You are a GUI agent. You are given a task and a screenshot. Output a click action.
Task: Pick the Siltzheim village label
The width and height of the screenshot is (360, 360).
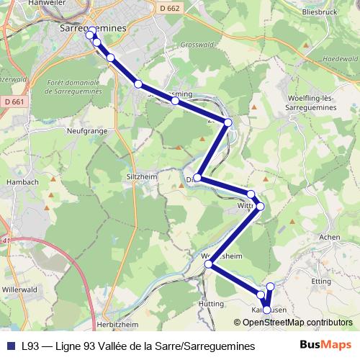pos(142,175)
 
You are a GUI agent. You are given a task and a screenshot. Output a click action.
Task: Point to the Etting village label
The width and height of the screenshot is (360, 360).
pos(321,282)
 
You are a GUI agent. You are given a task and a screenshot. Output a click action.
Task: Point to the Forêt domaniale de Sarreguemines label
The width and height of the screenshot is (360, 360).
pos(76,89)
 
